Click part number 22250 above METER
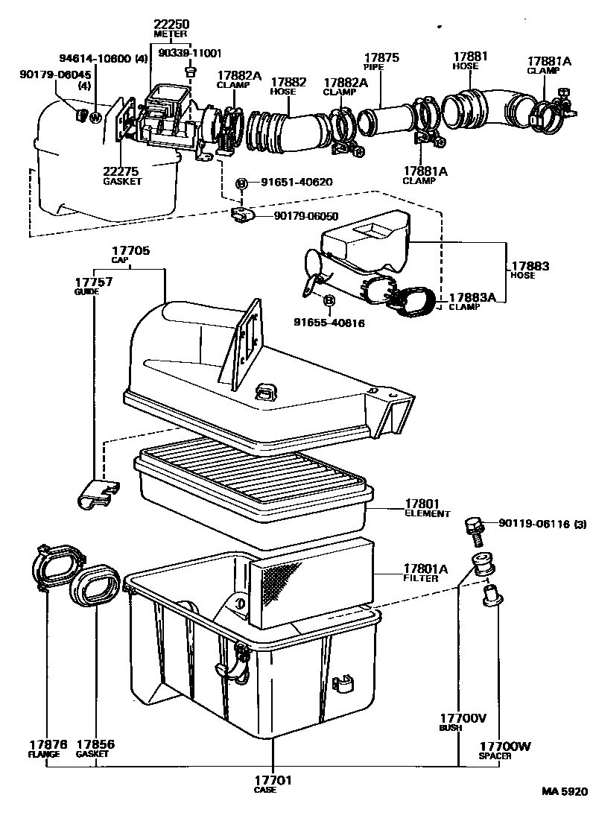tap(171, 25)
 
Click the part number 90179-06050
tap(306, 216)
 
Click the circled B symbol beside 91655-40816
tap(329, 300)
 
